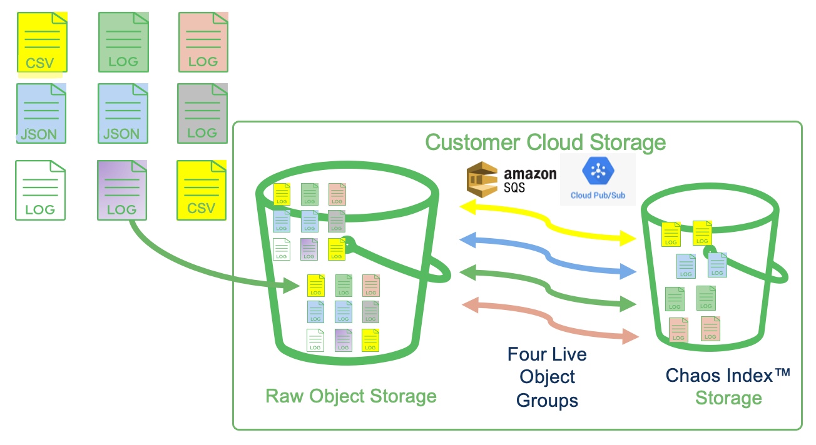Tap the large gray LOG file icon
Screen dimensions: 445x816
coord(202,113)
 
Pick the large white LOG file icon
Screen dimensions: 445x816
coord(41,190)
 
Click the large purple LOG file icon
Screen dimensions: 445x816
coord(122,190)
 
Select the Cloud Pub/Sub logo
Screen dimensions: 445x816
coord(598,180)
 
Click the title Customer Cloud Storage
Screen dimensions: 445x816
coord(545,142)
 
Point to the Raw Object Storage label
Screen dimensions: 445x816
coord(350,396)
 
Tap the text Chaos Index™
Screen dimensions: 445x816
coord(728,375)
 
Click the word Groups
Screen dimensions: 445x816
coord(547,400)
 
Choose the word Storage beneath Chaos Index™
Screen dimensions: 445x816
coord(728,398)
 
